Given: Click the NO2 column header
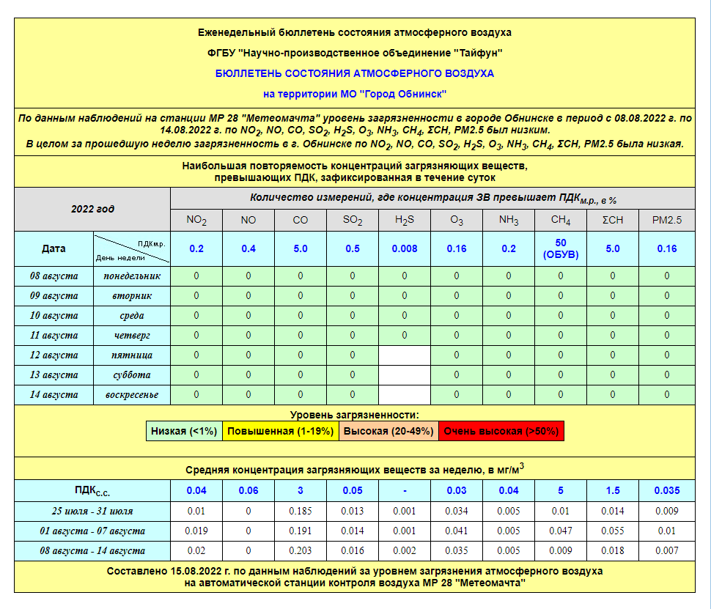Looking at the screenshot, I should coord(196,220).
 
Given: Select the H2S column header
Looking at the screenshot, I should coord(405,220).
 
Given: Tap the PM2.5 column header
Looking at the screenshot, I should coord(666,220).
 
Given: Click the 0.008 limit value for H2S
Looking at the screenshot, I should coord(405,248).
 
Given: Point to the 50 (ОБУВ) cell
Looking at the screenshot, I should coord(561,248).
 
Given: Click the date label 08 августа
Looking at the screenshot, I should coord(54,276).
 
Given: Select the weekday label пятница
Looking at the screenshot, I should coord(132,355).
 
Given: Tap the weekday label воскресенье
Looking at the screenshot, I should coord(132,395).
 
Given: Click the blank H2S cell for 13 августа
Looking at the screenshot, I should coord(405,375).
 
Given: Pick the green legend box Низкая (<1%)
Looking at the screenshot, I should coord(184,431).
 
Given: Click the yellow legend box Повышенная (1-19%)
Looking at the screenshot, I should coord(281,431).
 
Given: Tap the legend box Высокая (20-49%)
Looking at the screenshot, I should coord(388,431).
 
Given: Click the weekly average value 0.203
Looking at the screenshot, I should coord(301,550).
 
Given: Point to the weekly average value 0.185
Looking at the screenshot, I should coord(301,511).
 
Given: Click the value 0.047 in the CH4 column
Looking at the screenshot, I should coord(561,531).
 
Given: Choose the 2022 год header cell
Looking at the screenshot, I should coord(92,209).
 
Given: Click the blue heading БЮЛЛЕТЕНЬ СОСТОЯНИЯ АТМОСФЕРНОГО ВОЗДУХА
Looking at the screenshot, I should coord(355,73).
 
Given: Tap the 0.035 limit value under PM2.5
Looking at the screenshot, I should coord(666,490).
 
